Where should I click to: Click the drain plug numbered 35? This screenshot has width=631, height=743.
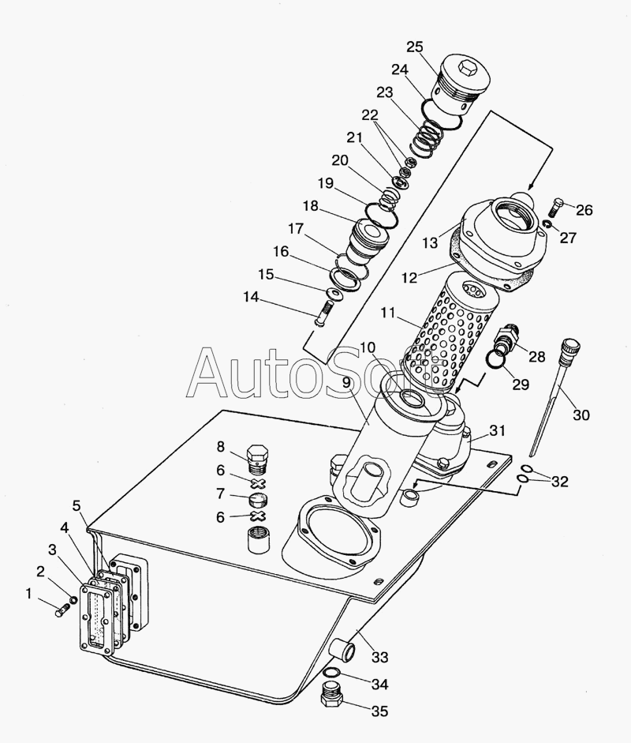click(x=333, y=697)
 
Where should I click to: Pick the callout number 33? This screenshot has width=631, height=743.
click(x=380, y=656)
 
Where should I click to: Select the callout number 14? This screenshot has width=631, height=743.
click(x=251, y=298)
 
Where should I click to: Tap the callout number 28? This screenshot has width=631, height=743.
click(x=536, y=357)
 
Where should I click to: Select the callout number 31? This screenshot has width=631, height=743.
click(x=497, y=430)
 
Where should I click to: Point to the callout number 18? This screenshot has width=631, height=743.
click(x=310, y=206)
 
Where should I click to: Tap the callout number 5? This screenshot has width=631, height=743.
click(x=77, y=505)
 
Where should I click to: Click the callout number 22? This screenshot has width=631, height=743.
click(x=370, y=114)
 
